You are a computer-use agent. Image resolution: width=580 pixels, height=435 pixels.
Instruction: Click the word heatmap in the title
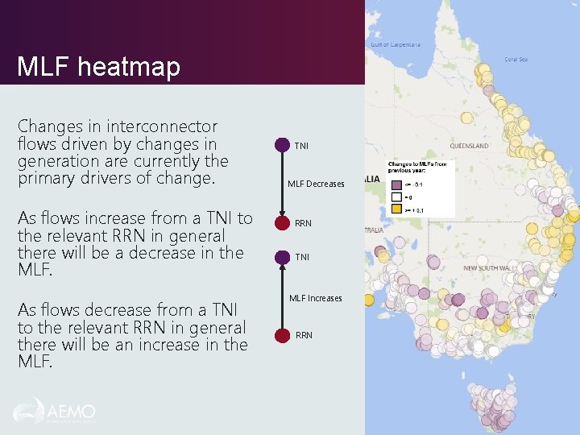[x=131, y=68]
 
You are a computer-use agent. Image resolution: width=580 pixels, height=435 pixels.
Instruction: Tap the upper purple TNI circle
[x=282, y=145]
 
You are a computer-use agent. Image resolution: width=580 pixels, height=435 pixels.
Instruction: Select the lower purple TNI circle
[x=282, y=257]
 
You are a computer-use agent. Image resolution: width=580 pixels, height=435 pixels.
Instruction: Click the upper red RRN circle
[x=282, y=223]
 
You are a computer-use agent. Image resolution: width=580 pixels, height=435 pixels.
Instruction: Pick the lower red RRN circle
[x=282, y=334]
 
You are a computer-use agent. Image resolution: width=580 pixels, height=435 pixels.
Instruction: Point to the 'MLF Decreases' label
[x=316, y=184]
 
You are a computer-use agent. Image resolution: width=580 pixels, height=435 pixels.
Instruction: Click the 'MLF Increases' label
[x=316, y=298]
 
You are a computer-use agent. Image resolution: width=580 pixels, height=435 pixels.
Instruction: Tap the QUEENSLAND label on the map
[x=469, y=147]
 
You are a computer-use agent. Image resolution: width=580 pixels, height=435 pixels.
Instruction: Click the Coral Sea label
[x=516, y=59]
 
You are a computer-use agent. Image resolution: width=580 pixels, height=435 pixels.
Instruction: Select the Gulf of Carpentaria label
[x=396, y=44]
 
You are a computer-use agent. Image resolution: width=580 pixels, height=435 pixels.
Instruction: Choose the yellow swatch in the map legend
[x=396, y=209]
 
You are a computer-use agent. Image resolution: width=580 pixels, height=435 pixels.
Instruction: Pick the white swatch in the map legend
[x=396, y=196]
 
